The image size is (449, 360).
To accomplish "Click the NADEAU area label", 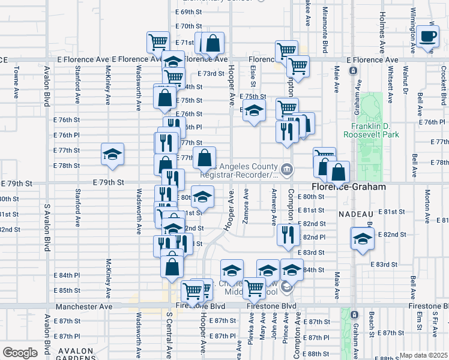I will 356,214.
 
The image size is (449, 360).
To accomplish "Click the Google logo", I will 20,353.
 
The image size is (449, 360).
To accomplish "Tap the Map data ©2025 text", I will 423,355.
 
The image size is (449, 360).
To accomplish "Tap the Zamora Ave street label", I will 246,206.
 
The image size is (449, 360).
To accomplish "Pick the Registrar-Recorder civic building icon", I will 287,170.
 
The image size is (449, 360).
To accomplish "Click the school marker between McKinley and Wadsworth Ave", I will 112,155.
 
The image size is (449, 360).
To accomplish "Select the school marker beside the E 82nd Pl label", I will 362,238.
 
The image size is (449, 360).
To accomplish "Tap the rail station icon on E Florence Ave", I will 354,71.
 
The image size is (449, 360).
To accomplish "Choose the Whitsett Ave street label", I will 390,86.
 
